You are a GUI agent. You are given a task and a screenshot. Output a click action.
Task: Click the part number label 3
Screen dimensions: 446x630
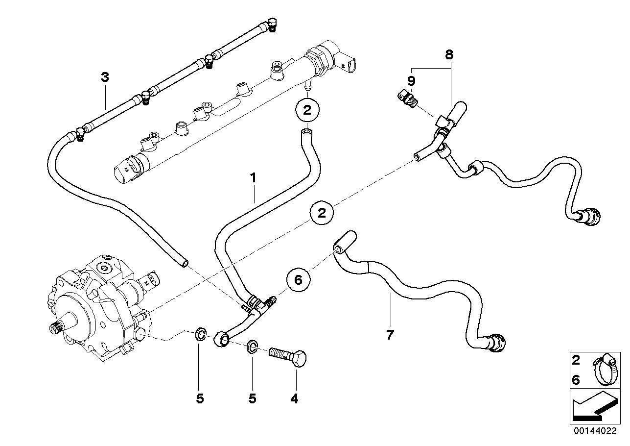coord(104,77)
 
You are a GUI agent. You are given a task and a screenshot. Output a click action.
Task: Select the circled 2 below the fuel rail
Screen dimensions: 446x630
coord(307,110)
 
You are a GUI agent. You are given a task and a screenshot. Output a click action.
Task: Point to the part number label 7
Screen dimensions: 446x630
coord(390,335)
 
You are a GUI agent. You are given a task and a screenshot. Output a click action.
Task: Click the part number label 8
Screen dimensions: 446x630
coord(449,54)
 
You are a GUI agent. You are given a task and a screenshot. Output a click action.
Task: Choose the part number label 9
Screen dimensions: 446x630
coord(411,80)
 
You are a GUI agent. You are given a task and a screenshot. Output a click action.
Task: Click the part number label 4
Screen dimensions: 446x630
coord(294,399)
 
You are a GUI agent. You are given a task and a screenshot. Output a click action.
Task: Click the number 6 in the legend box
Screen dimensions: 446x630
coord(576,379)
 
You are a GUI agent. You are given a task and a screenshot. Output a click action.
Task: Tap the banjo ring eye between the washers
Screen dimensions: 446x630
coord(221,339)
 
